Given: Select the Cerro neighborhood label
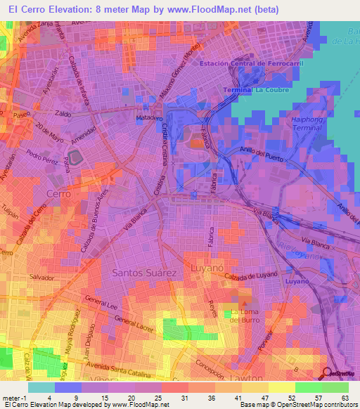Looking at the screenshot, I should pos(58,193).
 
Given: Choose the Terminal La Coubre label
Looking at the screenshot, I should pos(252,91).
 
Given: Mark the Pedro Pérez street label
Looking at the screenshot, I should pos(39,154).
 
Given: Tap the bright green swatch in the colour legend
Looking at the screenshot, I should pos(308,387).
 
